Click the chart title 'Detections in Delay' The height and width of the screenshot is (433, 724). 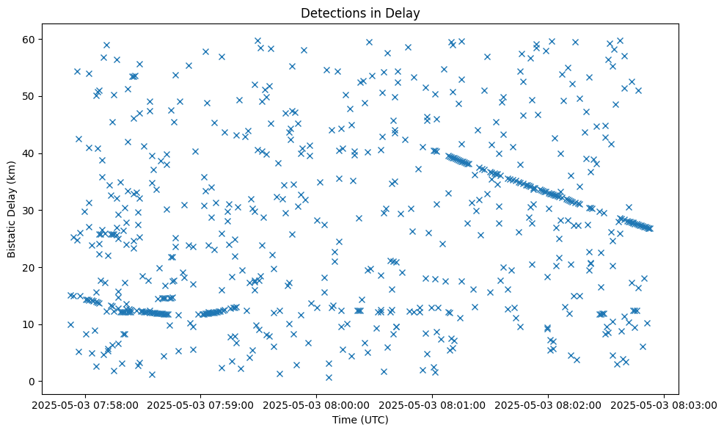pyautogui.click(x=359, y=12)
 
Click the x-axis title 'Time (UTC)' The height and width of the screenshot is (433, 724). pyautogui.click(x=359, y=421)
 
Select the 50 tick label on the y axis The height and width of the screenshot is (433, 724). pyautogui.click(x=35, y=96)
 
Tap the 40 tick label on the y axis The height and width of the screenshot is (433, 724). pyautogui.click(x=35, y=153)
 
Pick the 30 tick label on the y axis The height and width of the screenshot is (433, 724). pyautogui.click(x=35, y=211)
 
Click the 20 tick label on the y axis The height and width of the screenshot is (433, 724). pyautogui.click(x=35, y=267)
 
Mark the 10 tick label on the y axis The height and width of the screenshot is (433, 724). pyautogui.click(x=35, y=324)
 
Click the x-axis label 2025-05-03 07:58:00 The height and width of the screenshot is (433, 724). pyautogui.click(x=85, y=404)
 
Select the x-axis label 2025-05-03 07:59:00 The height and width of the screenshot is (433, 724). pyautogui.click(x=201, y=404)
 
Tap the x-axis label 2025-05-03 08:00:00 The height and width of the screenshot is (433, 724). pyautogui.click(x=317, y=404)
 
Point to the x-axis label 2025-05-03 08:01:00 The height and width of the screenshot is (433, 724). pyautogui.click(x=433, y=404)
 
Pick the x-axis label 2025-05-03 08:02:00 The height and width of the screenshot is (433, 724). pyautogui.click(x=549, y=404)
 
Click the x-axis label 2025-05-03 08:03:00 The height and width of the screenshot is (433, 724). pyautogui.click(x=665, y=404)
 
